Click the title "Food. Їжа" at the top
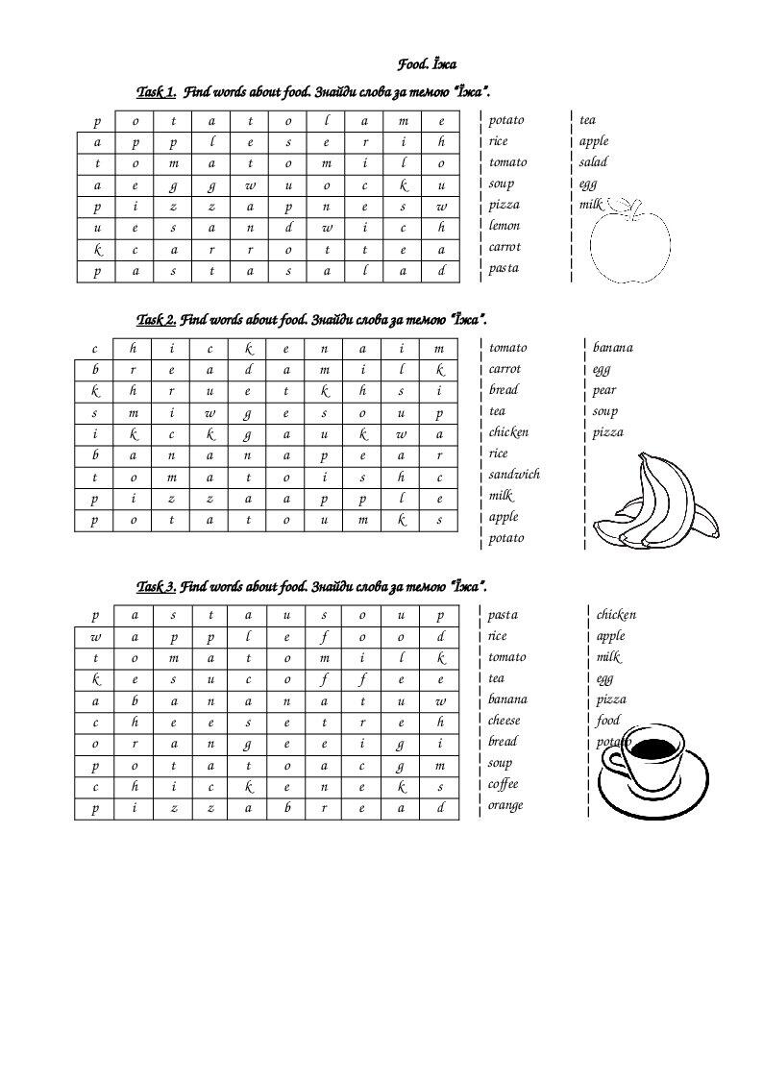point(427,64)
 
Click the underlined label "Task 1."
point(157,92)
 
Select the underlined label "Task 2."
point(156,319)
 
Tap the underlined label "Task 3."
point(156,586)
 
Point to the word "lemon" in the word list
point(504,226)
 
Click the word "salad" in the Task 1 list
point(593,162)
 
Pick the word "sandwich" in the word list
point(513,475)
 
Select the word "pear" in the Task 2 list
point(604,390)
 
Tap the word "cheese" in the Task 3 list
point(504,721)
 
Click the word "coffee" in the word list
point(504,784)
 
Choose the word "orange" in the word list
point(505,805)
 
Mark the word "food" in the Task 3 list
point(607,721)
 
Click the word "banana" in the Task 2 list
point(612,348)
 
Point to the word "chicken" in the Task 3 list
point(616,615)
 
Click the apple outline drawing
point(628,248)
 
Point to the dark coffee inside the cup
point(657,748)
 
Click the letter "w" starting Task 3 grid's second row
point(95,636)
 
